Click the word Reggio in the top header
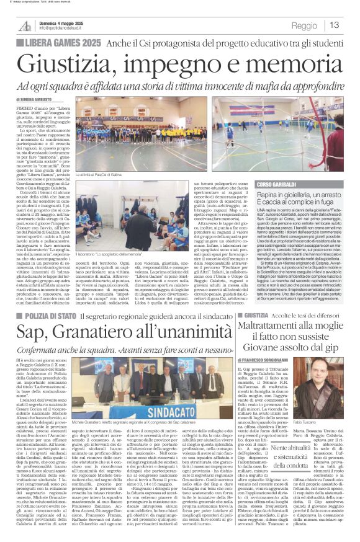[x=304, y=26]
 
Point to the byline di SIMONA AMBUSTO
[x=36, y=99]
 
